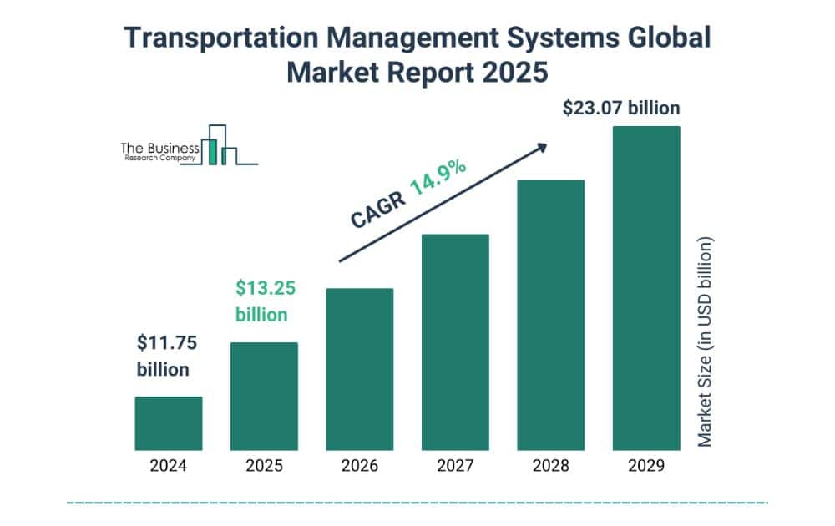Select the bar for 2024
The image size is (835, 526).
pyautogui.click(x=169, y=423)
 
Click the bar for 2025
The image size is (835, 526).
pyautogui.click(x=264, y=396)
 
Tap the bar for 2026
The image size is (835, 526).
pyautogui.click(x=359, y=369)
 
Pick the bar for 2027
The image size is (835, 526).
pyautogui.click(x=455, y=342)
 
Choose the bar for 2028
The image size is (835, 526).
pyautogui.click(x=550, y=315)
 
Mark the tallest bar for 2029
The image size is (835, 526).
pyautogui.click(x=646, y=288)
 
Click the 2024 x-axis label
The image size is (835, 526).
pyautogui.click(x=169, y=467)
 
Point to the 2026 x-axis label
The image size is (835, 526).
pyautogui.click(x=359, y=467)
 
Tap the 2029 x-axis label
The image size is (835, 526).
pyautogui.click(x=646, y=467)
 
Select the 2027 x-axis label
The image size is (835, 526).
pyautogui.click(x=455, y=467)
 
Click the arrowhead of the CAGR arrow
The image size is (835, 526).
pyautogui.click(x=541, y=147)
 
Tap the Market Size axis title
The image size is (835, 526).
pyautogui.click(x=706, y=341)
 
